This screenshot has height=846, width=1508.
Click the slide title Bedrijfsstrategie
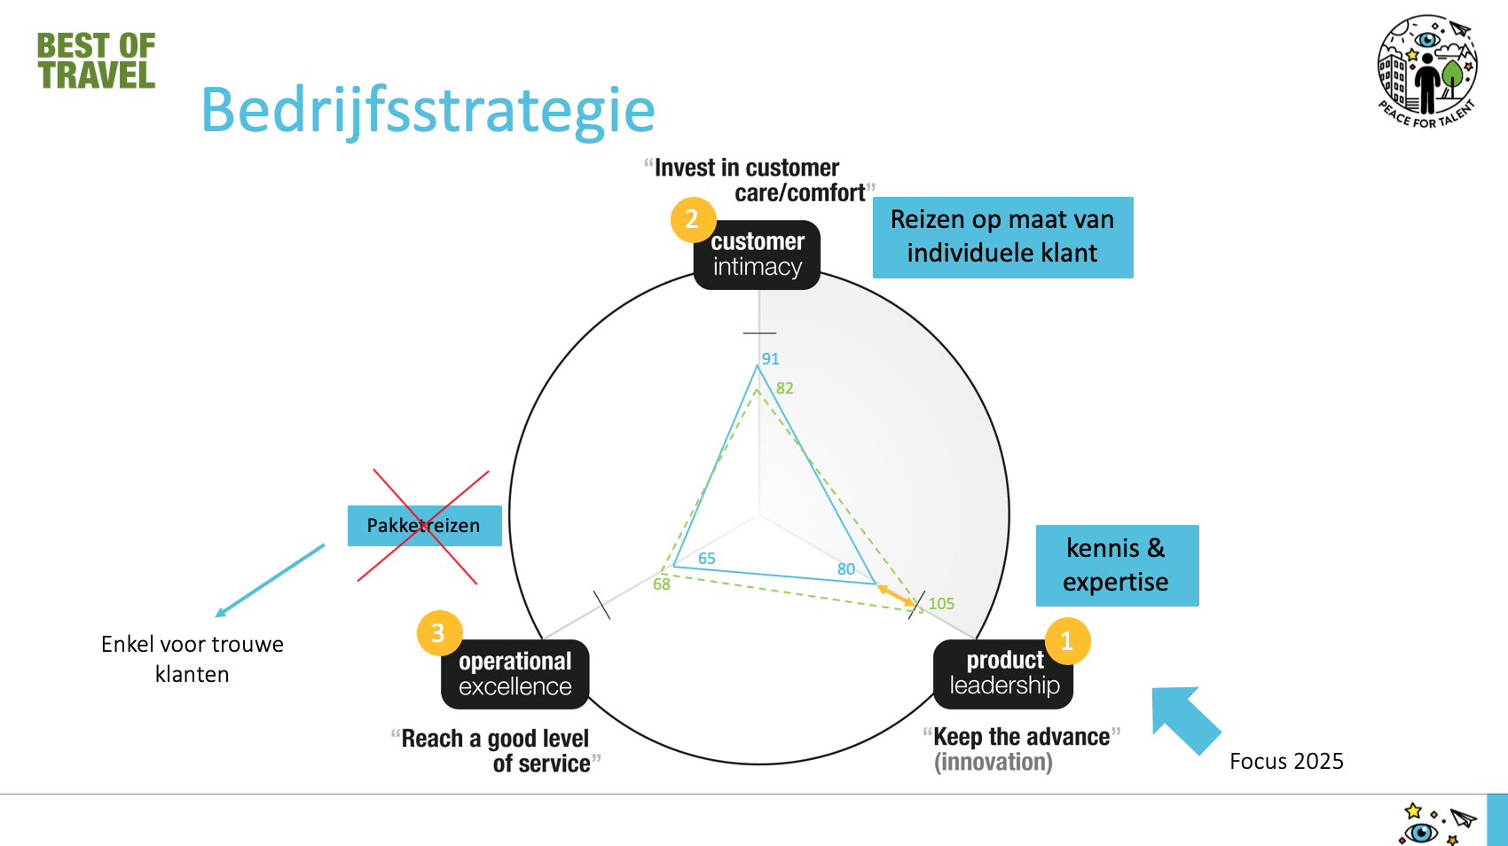(x=428, y=110)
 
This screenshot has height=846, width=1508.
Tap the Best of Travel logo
(x=96, y=60)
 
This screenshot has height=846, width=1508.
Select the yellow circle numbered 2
(x=692, y=219)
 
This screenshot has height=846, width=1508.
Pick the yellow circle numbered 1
(x=1067, y=640)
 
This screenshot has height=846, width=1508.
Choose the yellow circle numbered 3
(x=438, y=633)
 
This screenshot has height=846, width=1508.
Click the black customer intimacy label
(x=757, y=255)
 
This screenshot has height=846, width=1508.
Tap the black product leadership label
(x=1004, y=673)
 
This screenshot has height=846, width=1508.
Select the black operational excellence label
(x=515, y=674)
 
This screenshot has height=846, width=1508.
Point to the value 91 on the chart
(x=770, y=359)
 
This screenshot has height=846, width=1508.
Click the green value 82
(x=785, y=388)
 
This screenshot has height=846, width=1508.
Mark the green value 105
(x=941, y=604)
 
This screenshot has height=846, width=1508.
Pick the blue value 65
(x=707, y=559)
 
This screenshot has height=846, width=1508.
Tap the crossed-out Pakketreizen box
(x=424, y=526)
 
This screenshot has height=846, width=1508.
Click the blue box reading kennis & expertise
(x=1117, y=566)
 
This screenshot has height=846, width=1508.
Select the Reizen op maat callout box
(x=1002, y=237)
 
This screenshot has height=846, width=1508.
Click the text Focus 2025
(x=1286, y=761)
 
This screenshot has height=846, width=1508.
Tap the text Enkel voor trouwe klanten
(x=192, y=659)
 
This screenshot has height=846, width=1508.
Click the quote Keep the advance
(x=1021, y=737)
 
